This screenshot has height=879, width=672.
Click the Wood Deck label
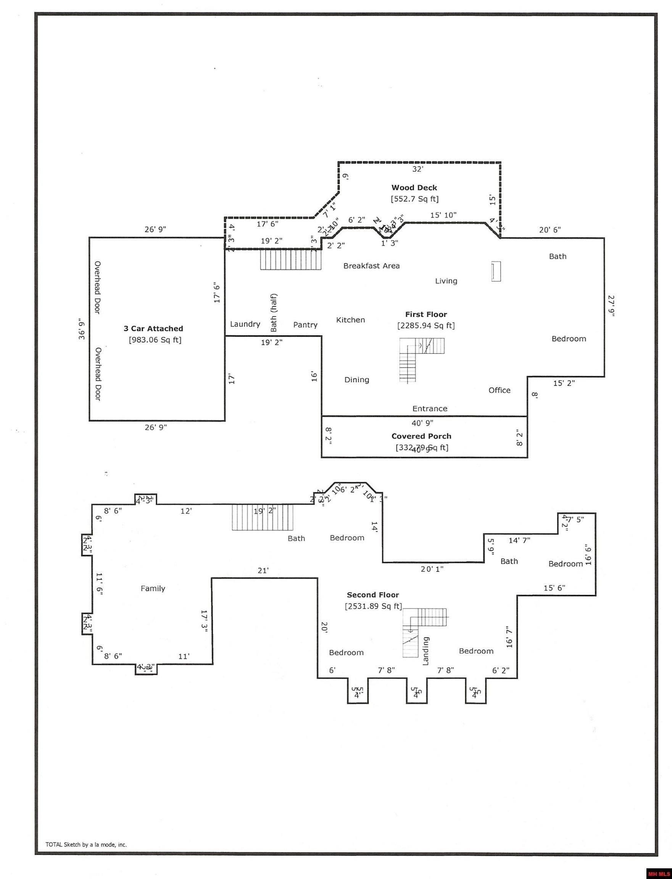point(414,188)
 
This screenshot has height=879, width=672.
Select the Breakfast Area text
point(371,266)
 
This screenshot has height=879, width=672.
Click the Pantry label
point(305,325)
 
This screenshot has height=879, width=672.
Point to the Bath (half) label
point(274,313)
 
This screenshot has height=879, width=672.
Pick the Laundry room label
point(245,324)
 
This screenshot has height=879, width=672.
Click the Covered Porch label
point(421,436)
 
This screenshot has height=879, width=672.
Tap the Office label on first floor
point(499,390)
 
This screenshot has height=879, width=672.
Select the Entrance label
point(430,408)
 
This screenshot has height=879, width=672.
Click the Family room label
point(153,588)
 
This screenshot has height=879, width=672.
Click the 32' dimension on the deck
point(417,169)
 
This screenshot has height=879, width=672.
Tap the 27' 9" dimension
point(611,306)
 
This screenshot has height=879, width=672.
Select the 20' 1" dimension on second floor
point(432,569)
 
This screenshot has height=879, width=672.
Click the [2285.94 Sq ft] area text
point(425,325)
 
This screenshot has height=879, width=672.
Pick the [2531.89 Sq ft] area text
point(373,606)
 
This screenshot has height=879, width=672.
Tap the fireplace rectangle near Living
point(496,272)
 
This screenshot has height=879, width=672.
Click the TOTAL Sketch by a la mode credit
point(86,845)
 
